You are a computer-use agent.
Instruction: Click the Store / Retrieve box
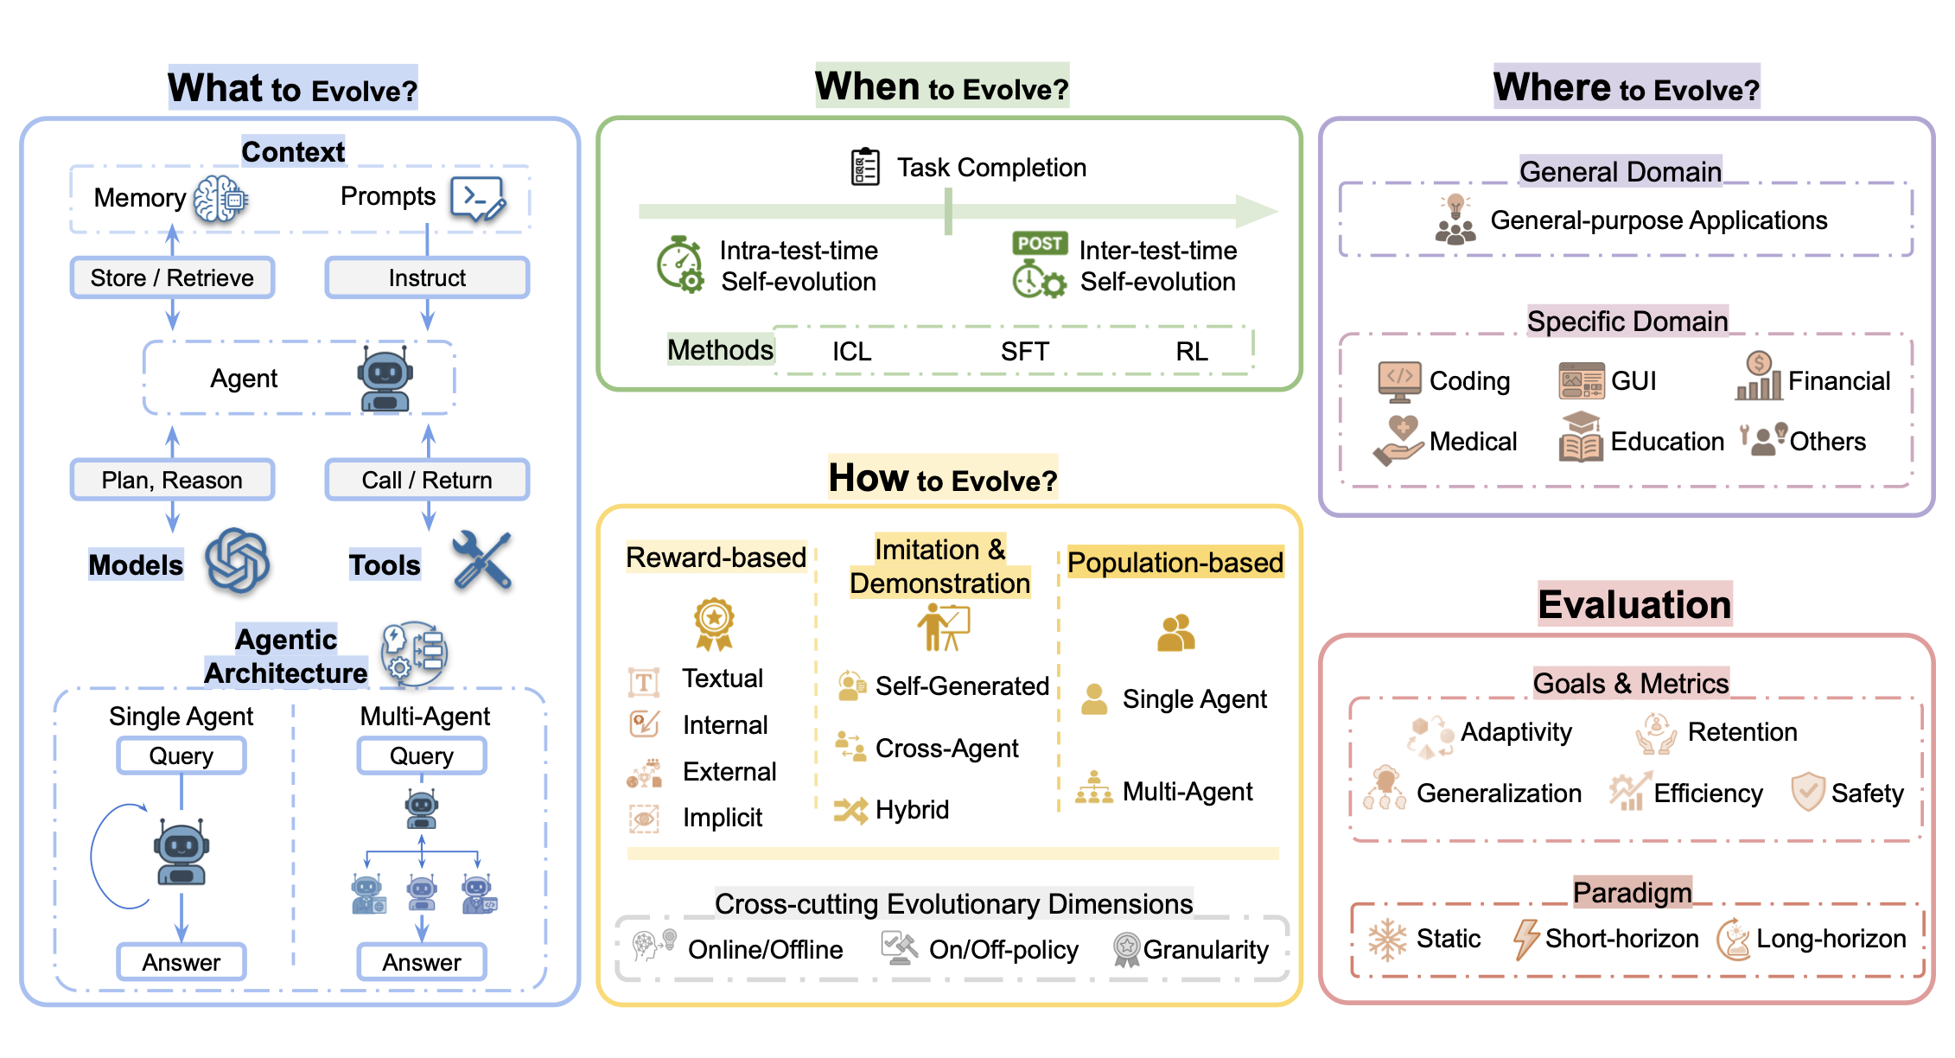(x=172, y=277)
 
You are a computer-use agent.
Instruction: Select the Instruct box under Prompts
(x=427, y=277)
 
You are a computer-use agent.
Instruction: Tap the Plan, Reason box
(x=172, y=480)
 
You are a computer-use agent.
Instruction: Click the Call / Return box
(x=427, y=480)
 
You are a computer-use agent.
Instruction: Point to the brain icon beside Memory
(x=220, y=200)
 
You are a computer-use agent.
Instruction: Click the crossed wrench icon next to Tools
(x=482, y=561)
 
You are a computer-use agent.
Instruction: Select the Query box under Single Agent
(x=181, y=755)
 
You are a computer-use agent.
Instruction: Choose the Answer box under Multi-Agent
(x=422, y=962)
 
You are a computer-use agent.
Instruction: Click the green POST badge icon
(x=1040, y=243)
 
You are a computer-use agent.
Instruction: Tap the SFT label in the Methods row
(x=1024, y=352)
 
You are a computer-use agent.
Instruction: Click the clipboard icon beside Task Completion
(x=865, y=167)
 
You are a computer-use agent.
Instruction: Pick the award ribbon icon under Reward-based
(x=714, y=623)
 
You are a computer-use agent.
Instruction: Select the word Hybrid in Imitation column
(x=912, y=810)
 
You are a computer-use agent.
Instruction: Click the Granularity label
(x=1206, y=950)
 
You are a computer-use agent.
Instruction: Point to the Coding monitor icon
(x=1399, y=381)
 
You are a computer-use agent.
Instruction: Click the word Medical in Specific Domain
(x=1473, y=442)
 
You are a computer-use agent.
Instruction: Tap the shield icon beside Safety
(x=1807, y=791)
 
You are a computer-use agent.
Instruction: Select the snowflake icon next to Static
(x=1387, y=940)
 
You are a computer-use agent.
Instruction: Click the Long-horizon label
(x=1831, y=939)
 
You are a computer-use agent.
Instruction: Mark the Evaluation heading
(x=1634, y=604)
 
